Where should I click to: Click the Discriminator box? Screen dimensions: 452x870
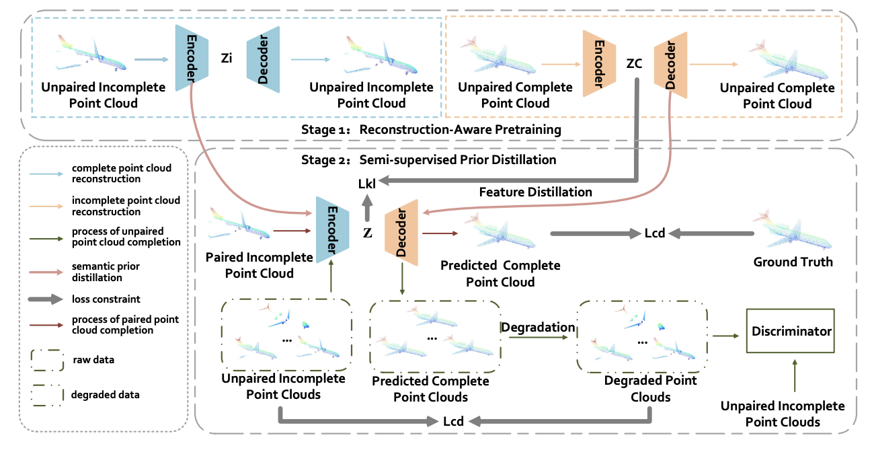click(x=790, y=332)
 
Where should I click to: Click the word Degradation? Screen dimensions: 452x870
click(x=537, y=327)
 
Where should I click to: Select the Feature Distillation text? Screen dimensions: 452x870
click(x=535, y=192)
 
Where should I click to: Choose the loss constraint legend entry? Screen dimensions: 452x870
click(x=106, y=299)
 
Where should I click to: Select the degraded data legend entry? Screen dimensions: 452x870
click(x=105, y=395)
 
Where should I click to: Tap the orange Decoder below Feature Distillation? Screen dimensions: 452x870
click(x=401, y=233)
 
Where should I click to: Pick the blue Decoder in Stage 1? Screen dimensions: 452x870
click(x=263, y=57)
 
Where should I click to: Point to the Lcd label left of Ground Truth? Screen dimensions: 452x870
click(x=654, y=233)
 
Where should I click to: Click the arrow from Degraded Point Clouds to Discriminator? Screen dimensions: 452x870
click(x=725, y=334)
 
